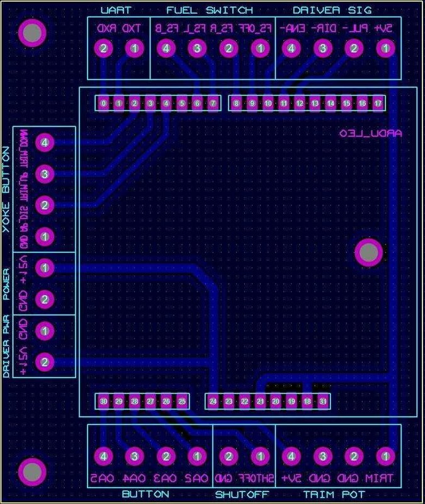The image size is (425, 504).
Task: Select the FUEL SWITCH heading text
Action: [x=210, y=10]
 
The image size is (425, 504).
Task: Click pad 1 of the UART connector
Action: [x=133, y=48]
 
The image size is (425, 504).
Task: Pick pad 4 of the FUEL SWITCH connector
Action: [x=166, y=48]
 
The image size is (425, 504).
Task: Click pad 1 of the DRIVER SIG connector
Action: [x=385, y=48]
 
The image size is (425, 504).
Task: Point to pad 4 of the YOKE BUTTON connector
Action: [x=44, y=142]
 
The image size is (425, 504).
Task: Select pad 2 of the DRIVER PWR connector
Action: [x=44, y=362]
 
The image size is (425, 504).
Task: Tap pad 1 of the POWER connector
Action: [x=44, y=268]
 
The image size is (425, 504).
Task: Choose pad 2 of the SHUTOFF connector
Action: [x=229, y=455]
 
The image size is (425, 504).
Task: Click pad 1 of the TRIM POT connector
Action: [x=385, y=455]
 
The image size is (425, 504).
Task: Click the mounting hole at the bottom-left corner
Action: [x=31, y=471]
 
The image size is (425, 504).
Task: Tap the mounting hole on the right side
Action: [x=368, y=253]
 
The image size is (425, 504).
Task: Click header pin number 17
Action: [x=378, y=103]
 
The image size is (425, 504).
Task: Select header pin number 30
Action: [x=103, y=401]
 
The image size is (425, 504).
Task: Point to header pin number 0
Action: [x=103, y=103]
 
